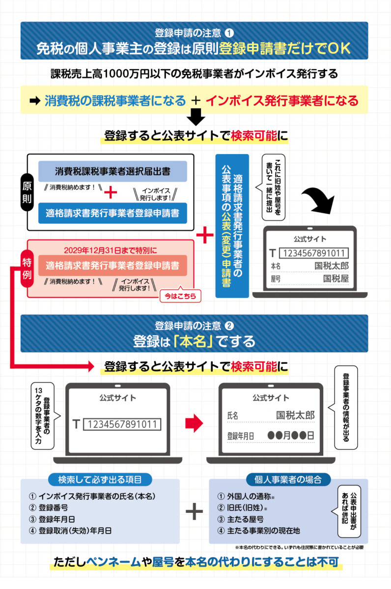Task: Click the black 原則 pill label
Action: pos(27,192)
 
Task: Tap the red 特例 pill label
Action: pos(27,268)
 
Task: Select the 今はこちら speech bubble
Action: pos(180,295)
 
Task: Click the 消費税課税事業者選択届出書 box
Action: pos(112,171)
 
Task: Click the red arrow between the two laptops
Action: pos(194,423)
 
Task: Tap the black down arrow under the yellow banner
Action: pos(196,117)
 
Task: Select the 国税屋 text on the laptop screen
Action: pos(336,278)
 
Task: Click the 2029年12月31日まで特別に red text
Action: pos(110,250)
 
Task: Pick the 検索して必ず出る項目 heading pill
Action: pos(100,480)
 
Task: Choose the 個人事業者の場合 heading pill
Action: pos(288,480)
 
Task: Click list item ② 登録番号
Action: pos(49,508)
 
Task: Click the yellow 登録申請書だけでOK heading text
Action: pos(285,49)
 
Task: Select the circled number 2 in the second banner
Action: pos(229,326)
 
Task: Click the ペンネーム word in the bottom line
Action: pos(113,562)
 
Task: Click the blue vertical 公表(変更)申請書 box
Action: pos(232,226)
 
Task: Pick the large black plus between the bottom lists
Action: pos(194,511)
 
